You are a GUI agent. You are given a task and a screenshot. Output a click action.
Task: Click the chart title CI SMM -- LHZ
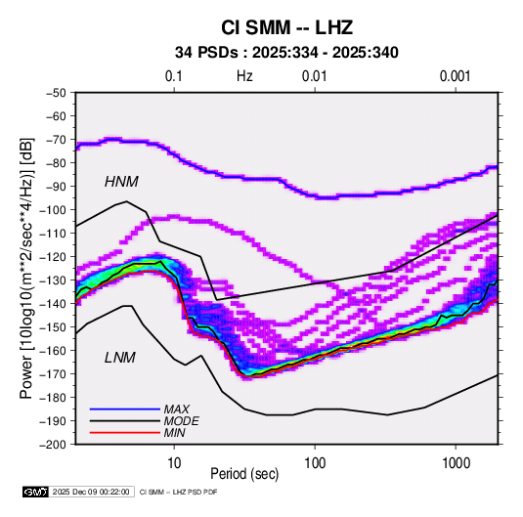click(x=286, y=27)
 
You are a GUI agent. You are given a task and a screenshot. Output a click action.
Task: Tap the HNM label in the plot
click(x=121, y=182)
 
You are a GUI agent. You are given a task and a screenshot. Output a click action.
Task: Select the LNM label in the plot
click(x=120, y=358)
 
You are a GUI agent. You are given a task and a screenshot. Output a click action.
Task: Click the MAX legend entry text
click(x=176, y=409)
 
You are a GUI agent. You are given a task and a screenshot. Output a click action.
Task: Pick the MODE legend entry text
click(x=181, y=421)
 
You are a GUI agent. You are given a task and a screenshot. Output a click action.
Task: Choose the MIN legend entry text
click(x=174, y=433)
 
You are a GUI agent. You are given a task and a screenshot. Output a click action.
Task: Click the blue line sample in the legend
click(x=125, y=409)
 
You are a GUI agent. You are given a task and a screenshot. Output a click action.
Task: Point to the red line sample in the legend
click(x=125, y=433)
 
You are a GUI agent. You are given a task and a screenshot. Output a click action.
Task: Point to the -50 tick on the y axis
click(x=56, y=93)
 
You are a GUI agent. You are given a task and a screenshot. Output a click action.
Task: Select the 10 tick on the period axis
click(x=174, y=463)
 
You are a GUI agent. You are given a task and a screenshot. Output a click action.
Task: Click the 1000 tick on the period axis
click(x=456, y=463)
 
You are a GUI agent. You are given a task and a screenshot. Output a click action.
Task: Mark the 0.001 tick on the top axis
click(x=455, y=76)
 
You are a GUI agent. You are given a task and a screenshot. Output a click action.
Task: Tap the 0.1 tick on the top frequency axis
click(x=174, y=76)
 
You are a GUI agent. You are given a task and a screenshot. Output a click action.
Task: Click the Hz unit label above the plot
click(x=244, y=76)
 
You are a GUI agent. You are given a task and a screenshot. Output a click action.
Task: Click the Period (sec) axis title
click(x=244, y=474)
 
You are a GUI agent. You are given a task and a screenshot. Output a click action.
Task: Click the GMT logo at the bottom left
click(x=36, y=492)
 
